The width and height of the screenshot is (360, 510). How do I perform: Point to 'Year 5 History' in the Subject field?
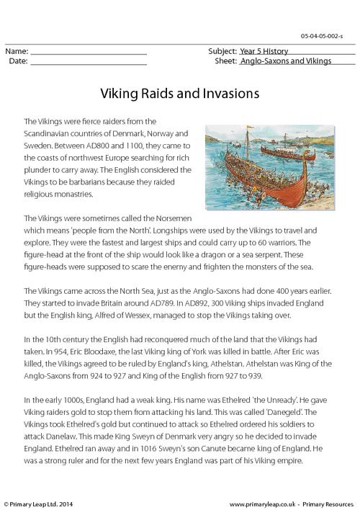click(264, 52)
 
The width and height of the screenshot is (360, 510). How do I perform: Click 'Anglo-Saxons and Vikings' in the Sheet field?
click(286, 62)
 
